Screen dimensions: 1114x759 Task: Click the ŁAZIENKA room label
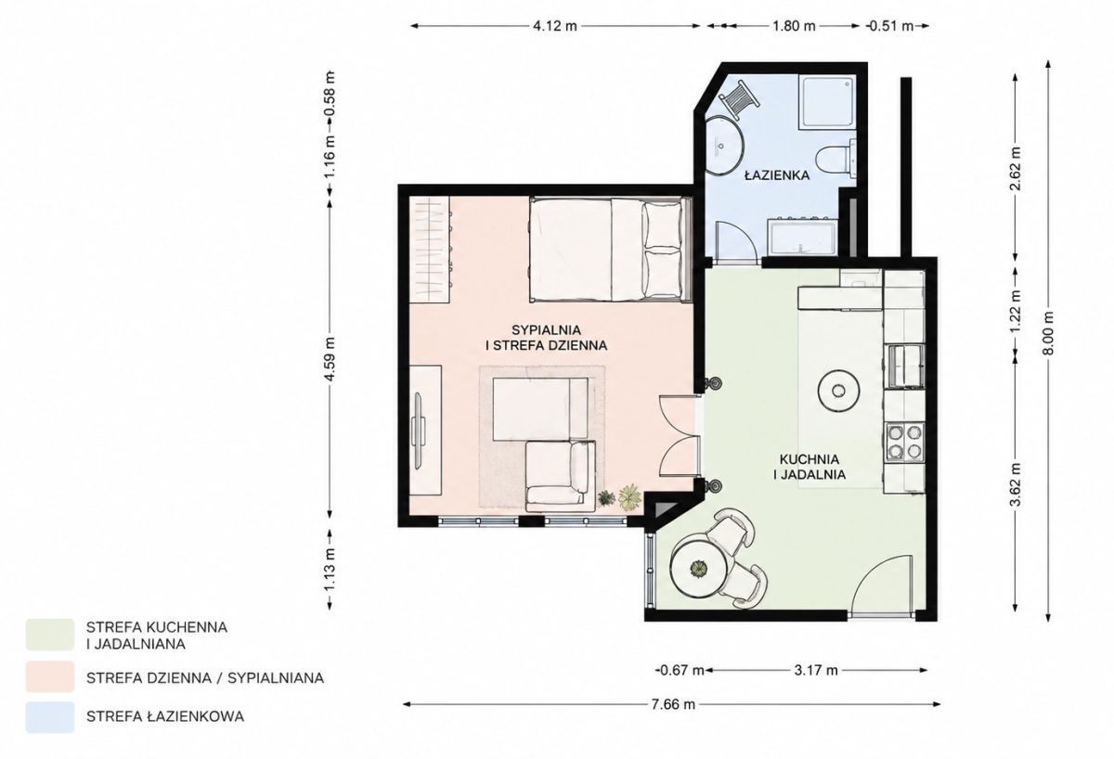777,175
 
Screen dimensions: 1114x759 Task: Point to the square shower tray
827,102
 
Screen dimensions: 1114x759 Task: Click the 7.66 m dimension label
673,704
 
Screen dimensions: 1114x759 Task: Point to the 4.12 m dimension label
555,26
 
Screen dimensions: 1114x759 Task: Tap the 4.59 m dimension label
330,358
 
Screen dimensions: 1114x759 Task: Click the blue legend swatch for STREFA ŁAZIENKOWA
50,717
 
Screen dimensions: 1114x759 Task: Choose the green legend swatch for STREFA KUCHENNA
50,635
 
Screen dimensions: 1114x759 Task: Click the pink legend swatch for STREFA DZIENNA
50,676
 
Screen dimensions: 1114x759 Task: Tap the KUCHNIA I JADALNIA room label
810,466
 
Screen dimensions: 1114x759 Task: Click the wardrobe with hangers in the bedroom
430,249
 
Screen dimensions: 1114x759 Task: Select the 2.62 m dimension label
1015,169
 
